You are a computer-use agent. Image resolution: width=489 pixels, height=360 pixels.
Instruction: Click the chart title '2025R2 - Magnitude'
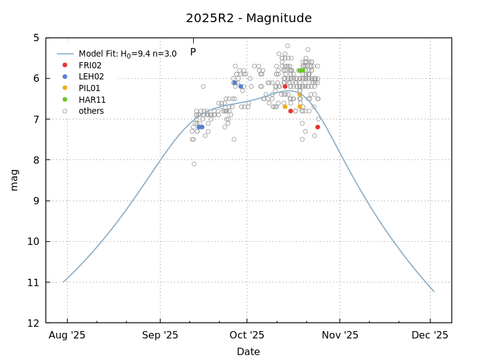pos(248,18)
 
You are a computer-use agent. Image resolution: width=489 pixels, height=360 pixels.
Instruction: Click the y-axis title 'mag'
pos(14,180)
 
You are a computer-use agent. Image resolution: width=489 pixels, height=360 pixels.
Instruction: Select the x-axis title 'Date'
pos(248,352)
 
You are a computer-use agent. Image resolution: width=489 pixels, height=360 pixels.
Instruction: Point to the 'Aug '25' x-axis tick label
pos(67,335)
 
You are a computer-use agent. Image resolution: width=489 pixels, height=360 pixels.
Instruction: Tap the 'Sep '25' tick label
pos(160,335)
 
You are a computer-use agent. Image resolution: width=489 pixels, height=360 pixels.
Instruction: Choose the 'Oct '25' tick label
pos(247,335)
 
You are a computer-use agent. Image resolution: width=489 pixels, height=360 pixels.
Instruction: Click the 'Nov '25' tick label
pos(340,335)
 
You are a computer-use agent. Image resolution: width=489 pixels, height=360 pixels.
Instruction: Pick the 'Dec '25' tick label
pos(430,335)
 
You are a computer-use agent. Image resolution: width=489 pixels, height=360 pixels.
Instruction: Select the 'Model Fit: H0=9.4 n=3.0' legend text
pos(127,54)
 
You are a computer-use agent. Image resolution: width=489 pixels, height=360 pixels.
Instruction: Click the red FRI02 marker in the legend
pos(65,65)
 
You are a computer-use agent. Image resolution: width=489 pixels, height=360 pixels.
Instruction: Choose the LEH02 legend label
pos(91,77)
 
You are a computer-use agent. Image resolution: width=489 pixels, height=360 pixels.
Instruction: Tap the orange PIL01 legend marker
pos(65,88)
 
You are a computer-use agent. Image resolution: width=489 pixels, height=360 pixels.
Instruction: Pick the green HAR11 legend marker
pos(65,100)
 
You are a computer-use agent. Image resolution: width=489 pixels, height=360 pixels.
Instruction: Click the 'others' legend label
pos(91,111)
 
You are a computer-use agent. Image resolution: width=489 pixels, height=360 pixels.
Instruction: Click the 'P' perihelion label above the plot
pos(193,52)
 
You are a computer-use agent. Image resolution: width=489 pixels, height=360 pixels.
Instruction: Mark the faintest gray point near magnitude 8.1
pos(194,164)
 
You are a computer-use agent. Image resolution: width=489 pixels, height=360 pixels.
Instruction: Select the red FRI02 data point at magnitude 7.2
pos(317,127)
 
